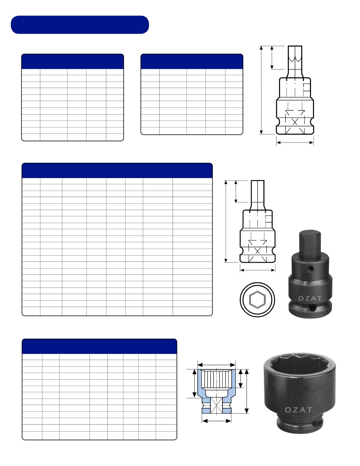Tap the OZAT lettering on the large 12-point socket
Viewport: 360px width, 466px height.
298,410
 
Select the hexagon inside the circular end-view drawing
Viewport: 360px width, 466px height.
257,299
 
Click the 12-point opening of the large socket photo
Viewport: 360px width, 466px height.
299,366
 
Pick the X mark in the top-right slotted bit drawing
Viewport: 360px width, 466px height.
295,122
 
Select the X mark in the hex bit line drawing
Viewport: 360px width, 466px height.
257,251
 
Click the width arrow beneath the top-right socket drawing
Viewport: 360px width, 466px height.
295,143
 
